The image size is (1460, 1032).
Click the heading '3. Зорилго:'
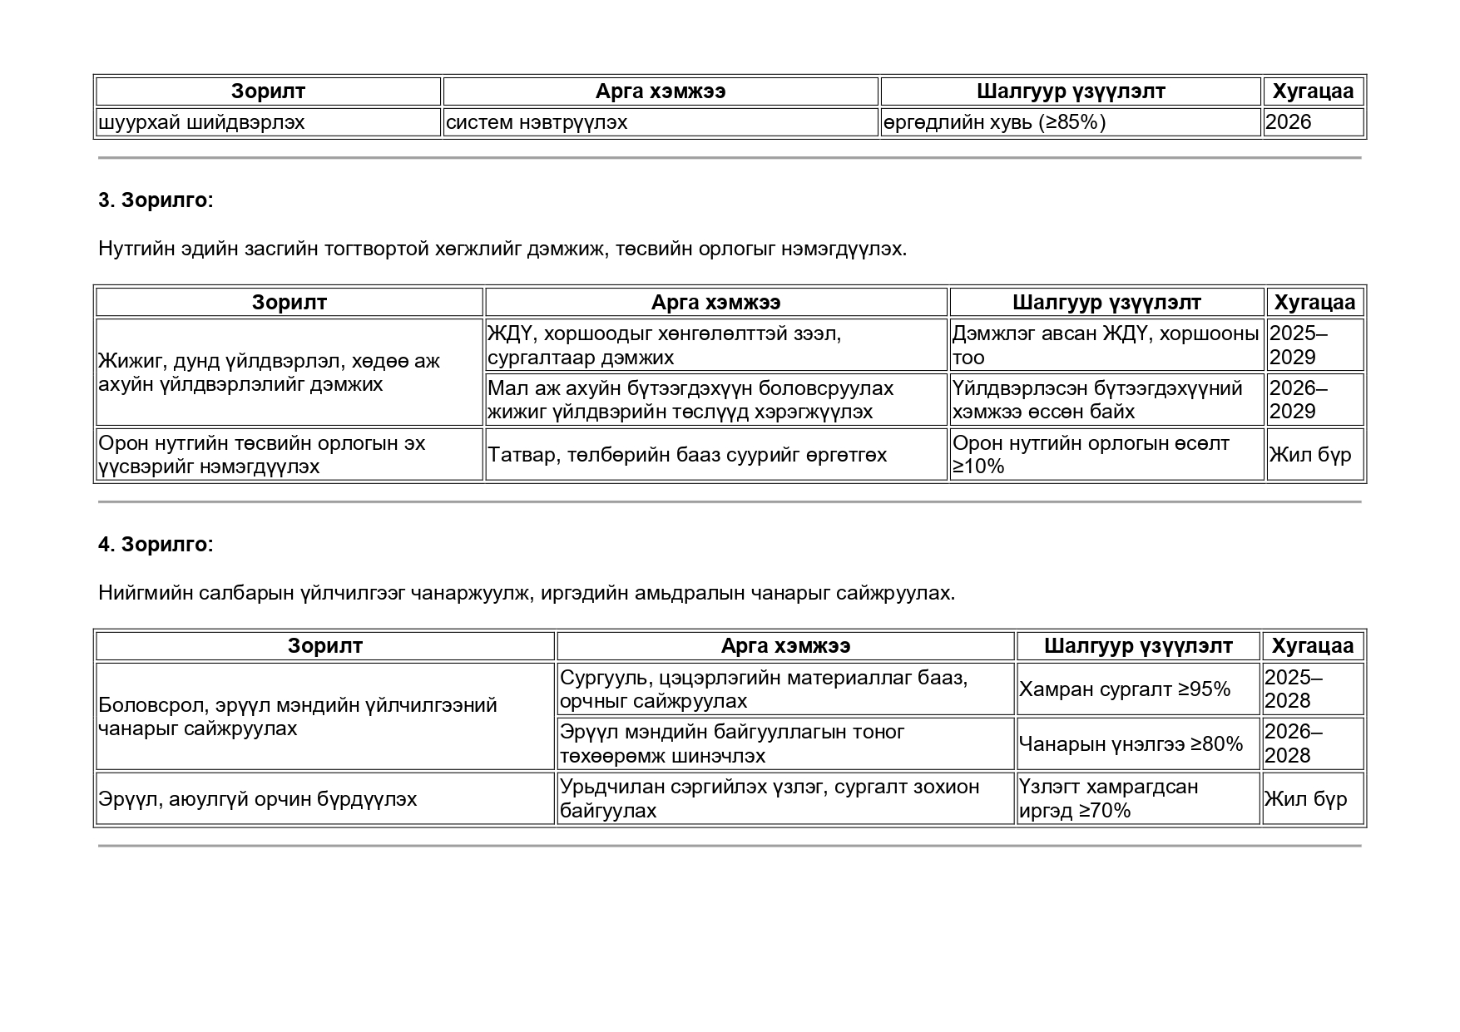click(156, 200)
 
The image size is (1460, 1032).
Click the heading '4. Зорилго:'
click(156, 545)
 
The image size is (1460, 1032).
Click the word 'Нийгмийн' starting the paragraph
click(138, 593)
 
